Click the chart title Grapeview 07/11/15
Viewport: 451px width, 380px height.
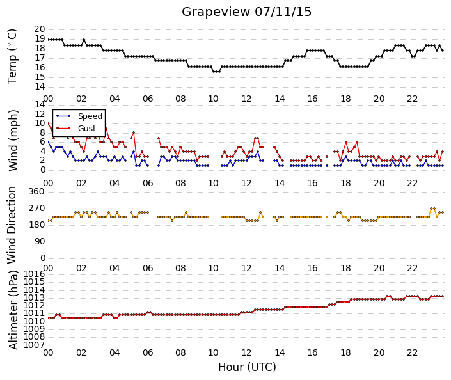[246, 12]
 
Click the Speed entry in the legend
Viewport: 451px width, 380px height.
[90, 116]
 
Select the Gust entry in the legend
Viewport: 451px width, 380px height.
[87, 129]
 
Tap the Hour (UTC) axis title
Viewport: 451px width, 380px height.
[247, 367]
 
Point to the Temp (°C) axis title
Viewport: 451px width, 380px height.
[12, 57]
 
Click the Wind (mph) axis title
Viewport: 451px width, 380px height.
[13, 140]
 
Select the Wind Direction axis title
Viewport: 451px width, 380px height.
[12, 225]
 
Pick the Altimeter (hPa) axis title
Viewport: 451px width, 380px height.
[13, 310]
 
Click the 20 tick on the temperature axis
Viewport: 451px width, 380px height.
[40, 29]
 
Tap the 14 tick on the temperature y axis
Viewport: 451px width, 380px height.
[40, 86]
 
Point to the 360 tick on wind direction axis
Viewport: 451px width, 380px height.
[36, 192]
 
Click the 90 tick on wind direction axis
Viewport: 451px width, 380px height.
[40, 242]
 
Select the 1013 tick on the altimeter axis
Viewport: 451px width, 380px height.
[34, 297]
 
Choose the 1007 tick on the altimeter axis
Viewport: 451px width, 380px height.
[34, 345]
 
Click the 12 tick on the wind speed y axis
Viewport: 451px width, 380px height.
[40, 115]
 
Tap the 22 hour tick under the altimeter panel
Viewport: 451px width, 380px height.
[412, 352]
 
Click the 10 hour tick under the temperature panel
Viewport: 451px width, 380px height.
[213, 99]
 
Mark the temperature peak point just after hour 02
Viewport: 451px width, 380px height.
[84, 40]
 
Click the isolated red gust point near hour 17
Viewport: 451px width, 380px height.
[327, 157]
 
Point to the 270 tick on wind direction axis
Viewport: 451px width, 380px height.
[36, 209]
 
